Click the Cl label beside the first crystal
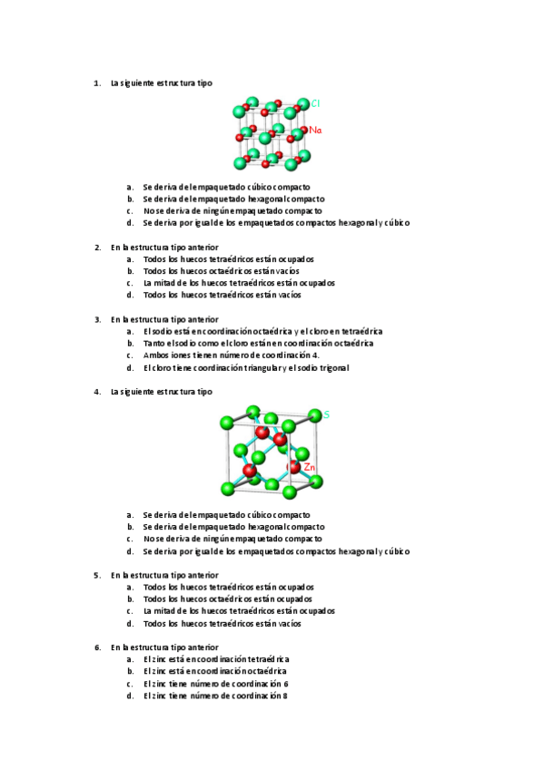pyautogui.click(x=315, y=103)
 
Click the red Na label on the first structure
pyautogui.click(x=315, y=131)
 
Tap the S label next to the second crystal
pyautogui.click(x=326, y=414)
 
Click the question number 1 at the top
pyautogui.click(x=97, y=83)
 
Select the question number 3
pyautogui.click(x=97, y=319)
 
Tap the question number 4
pyautogui.click(x=97, y=392)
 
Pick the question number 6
pyautogui.click(x=97, y=647)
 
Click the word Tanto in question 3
pyautogui.click(x=155, y=344)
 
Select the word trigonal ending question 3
pyautogui.click(x=331, y=367)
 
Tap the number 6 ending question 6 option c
pyautogui.click(x=285, y=684)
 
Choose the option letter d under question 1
pyautogui.click(x=130, y=222)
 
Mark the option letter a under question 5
pyautogui.click(x=130, y=587)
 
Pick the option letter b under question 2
pyautogui.click(x=130, y=271)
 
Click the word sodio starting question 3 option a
pyautogui.click(x=163, y=331)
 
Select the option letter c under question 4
pyautogui.click(x=130, y=539)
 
